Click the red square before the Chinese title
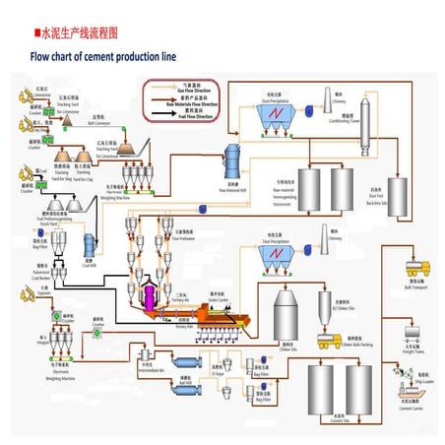click(x=36, y=32)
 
